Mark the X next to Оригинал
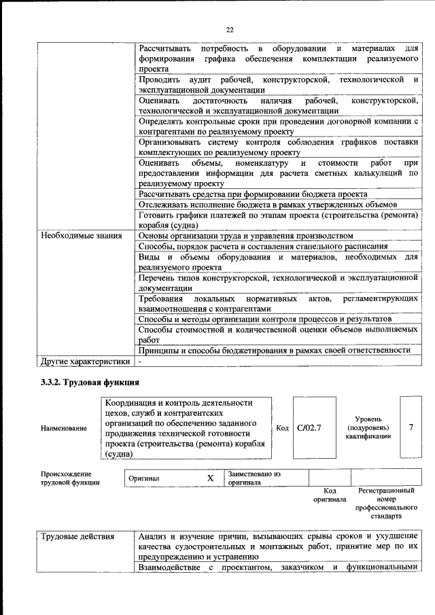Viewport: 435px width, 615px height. click(x=210, y=478)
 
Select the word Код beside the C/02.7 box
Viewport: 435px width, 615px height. click(x=283, y=427)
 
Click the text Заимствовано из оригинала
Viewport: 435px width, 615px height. click(x=255, y=478)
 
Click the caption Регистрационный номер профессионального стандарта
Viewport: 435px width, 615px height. click(x=385, y=503)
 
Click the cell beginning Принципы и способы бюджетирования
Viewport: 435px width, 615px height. click(x=274, y=350)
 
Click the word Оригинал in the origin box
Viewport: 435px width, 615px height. click(x=143, y=478)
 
